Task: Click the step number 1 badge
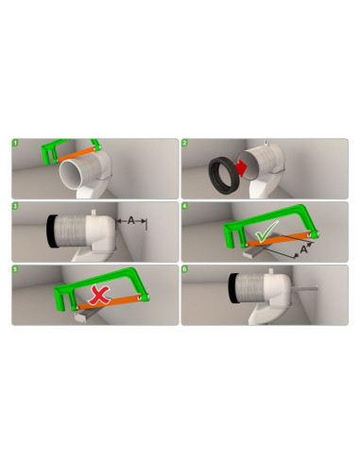pyautogui.click(x=16, y=145)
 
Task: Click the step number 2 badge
pyautogui.click(x=186, y=145)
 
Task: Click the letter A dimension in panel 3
pyautogui.click(x=129, y=219)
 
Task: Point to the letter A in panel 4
pyautogui.click(x=303, y=250)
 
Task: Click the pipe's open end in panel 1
pyautogui.click(x=77, y=175)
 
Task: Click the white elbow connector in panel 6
pyautogui.click(x=274, y=288)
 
